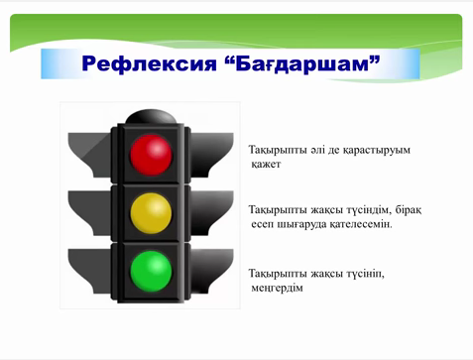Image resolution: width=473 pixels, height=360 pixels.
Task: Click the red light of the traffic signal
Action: coord(151,155)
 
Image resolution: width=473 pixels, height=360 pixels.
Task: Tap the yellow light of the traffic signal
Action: coord(151,213)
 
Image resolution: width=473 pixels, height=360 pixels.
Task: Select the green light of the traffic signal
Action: coord(151,271)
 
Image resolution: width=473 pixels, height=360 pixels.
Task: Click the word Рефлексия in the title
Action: coord(149,63)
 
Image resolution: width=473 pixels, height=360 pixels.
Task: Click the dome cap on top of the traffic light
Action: coord(151,116)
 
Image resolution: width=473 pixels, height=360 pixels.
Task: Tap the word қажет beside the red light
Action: coord(266,165)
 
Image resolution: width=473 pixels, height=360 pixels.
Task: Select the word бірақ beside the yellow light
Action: coord(409,210)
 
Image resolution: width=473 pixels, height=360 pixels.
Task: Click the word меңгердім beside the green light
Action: coord(277,289)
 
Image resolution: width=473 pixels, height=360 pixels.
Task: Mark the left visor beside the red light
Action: coord(89,155)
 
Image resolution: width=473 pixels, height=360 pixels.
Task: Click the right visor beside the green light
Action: coord(211,271)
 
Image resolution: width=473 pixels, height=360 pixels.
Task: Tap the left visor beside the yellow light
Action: coord(89,213)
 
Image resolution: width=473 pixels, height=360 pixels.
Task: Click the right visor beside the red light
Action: coord(211,155)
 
